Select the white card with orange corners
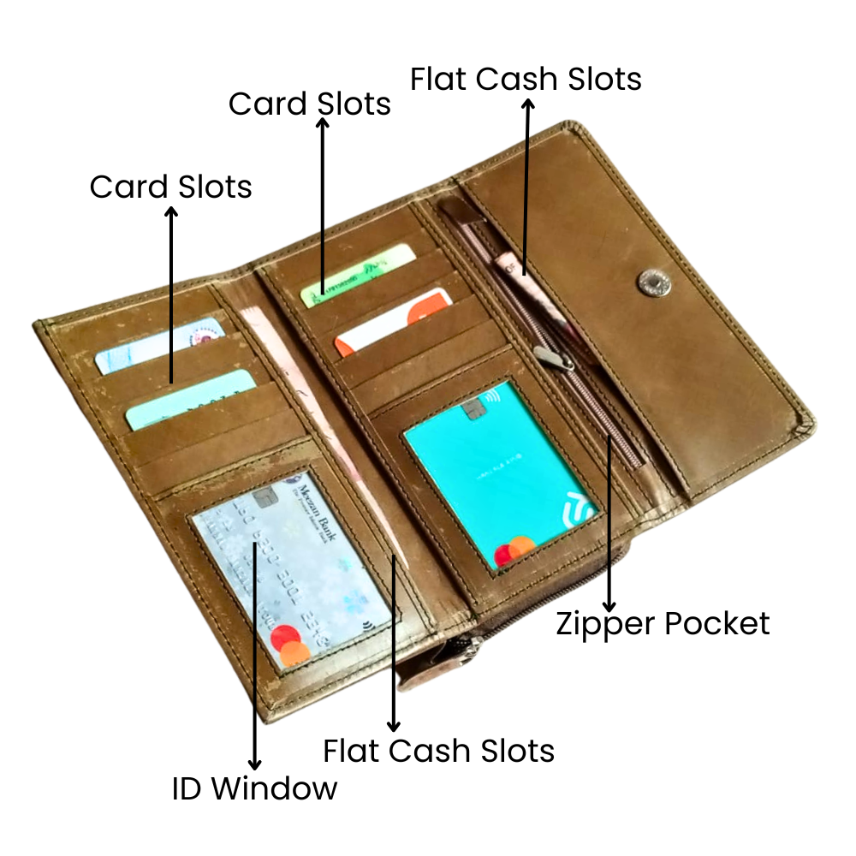392,321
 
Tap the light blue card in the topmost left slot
159,346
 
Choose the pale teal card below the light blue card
191,399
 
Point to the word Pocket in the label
717,623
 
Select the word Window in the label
274,788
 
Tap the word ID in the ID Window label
187,788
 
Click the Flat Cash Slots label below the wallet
438,751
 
